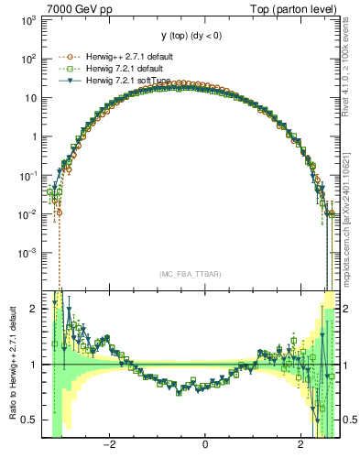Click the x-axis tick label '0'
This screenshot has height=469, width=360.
point(205,446)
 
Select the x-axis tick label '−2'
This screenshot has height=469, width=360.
point(107,446)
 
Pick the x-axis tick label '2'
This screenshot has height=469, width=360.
point(301,446)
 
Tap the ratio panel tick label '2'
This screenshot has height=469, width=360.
point(37,309)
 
